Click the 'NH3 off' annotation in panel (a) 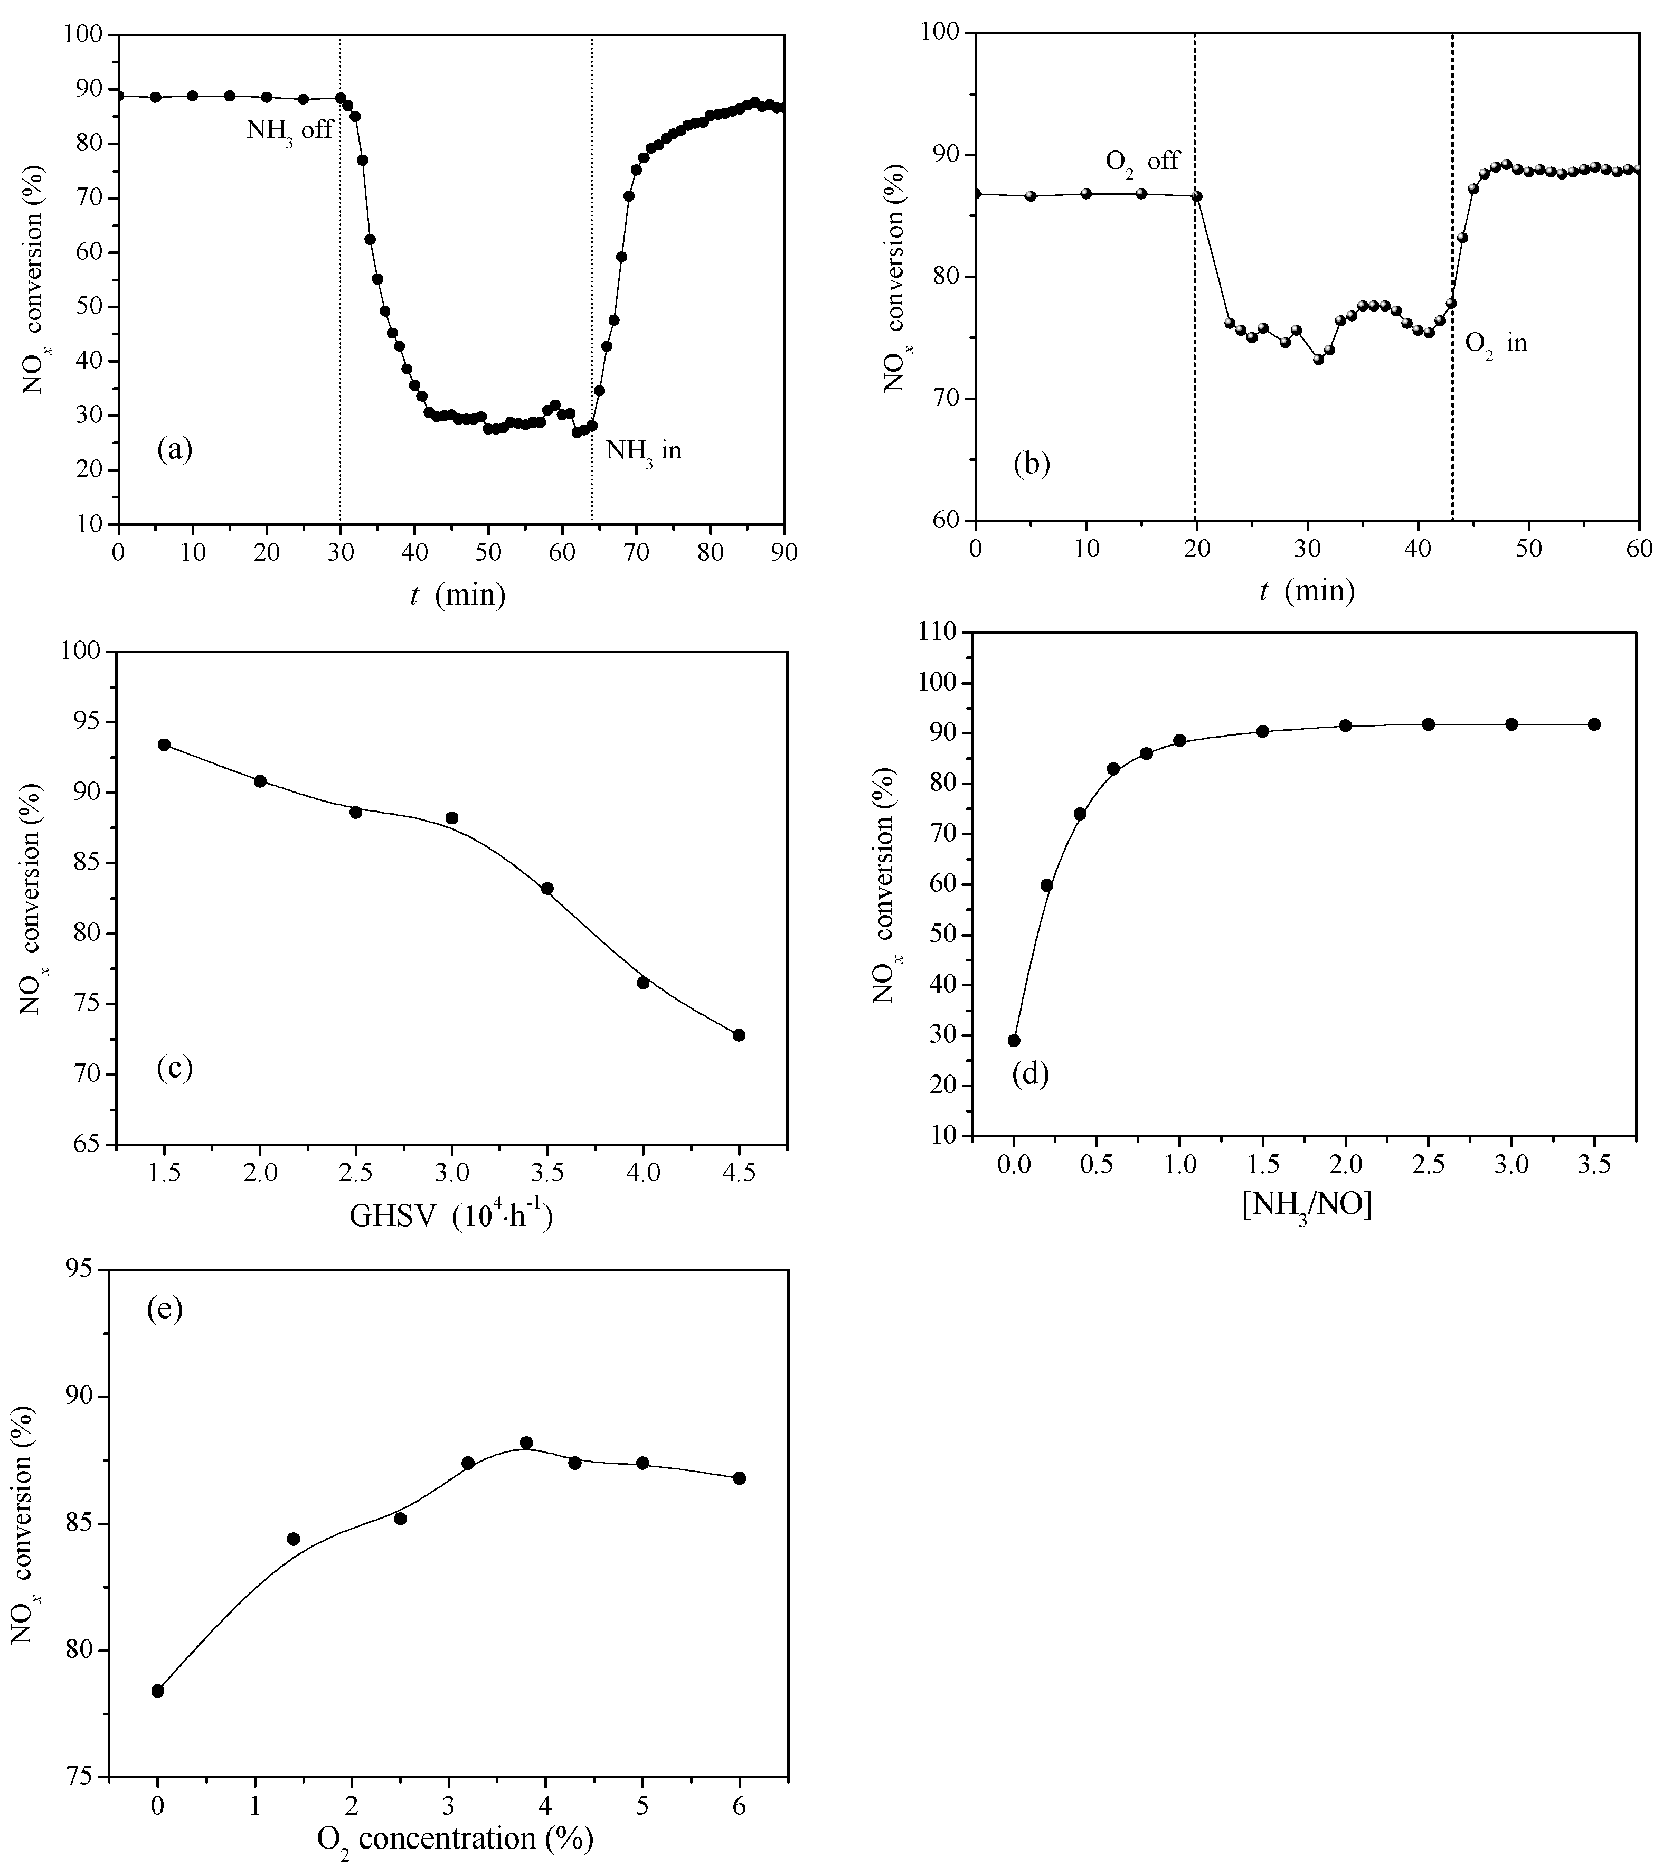click(x=289, y=130)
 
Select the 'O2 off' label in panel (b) click(x=1142, y=163)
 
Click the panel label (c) click(x=174, y=1068)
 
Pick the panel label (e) click(x=165, y=1309)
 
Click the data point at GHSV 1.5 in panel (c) click(x=164, y=744)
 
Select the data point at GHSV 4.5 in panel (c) click(x=739, y=1035)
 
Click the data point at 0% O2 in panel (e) click(x=158, y=1691)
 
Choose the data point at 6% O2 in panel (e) click(x=740, y=1478)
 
